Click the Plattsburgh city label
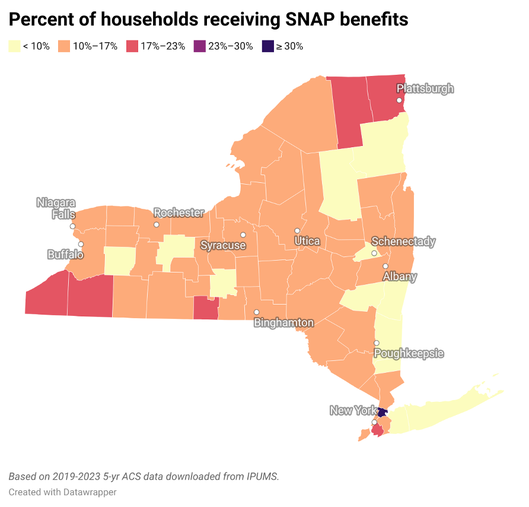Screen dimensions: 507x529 pyautogui.click(x=425, y=89)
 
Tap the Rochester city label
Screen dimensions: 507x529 pyautogui.click(x=179, y=213)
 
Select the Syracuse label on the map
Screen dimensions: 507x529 pyautogui.click(x=222, y=245)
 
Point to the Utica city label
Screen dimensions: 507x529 pyautogui.click(x=307, y=241)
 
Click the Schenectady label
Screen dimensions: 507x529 pyautogui.click(x=403, y=242)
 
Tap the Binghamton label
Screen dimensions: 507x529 pyautogui.click(x=283, y=323)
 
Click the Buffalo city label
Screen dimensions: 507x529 pyautogui.click(x=65, y=255)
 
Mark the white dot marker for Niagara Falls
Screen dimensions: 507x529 pyautogui.click(x=72, y=226)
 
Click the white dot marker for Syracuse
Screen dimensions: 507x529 pyautogui.click(x=243, y=235)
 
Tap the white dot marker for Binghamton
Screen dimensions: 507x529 pyautogui.click(x=257, y=312)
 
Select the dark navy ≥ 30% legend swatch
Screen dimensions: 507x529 pyautogui.click(x=267, y=46)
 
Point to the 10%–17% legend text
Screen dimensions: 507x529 pyautogui.click(x=95, y=46)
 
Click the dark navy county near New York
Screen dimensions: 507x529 pyautogui.click(x=383, y=412)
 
